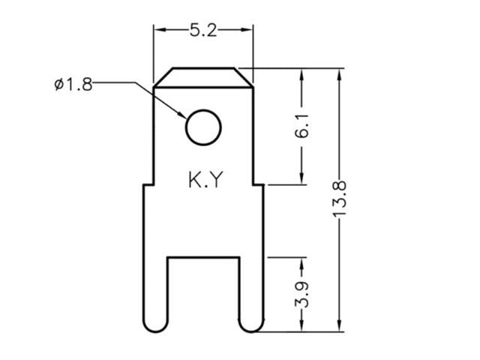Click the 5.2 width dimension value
202,30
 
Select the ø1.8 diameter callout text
73,84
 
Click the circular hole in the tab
203,127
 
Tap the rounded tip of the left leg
154,324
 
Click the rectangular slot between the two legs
202,292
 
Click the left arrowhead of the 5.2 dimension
158,30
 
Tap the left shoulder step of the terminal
148,184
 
